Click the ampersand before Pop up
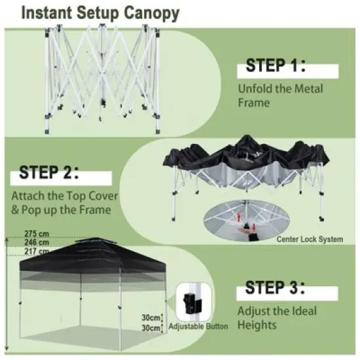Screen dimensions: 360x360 pyautogui.click(x=15, y=210)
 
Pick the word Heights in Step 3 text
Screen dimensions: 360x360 pyautogui.click(x=257, y=325)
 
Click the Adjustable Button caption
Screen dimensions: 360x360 pyautogui.click(x=198, y=326)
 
